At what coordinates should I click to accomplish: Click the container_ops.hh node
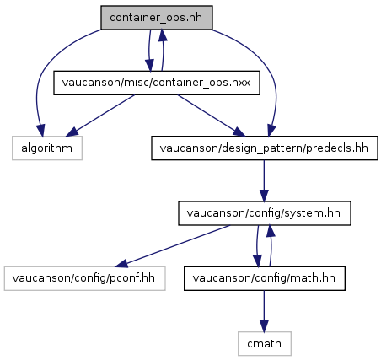(x=157, y=18)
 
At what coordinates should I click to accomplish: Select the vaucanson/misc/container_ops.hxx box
(x=157, y=83)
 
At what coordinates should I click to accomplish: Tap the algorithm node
(x=47, y=148)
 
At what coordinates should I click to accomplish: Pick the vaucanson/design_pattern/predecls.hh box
(x=265, y=148)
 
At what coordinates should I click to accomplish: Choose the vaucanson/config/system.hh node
(x=265, y=213)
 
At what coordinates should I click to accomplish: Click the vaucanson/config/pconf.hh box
(x=84, y=278)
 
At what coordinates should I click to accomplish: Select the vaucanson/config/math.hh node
(x=265, y=278)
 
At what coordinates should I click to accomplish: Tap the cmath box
(x=265, y=343)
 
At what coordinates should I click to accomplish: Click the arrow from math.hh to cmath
(x=264, y=311)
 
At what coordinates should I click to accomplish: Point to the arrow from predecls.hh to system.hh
(x=264, y=180)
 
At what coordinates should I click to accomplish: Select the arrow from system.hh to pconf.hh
(x=172, y=246)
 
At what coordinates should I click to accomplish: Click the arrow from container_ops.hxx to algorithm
(x=99, y=116)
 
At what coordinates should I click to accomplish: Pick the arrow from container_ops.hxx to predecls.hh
(x=212, y=116)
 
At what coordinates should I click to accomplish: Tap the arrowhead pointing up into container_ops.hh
(x=163, y=35)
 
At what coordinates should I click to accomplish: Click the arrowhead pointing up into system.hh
(x=271, y=231)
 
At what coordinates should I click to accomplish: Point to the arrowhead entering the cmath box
(x=264, y=326)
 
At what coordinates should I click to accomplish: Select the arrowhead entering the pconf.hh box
(x=121, y=263)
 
